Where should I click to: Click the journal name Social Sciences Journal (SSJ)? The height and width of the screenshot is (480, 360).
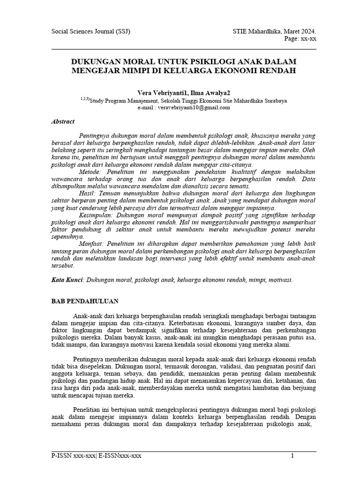(90, 32)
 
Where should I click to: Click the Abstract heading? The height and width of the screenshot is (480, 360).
(63, 121)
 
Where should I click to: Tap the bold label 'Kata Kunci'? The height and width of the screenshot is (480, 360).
(67, 280)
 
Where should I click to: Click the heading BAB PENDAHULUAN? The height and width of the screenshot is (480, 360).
(85, 301)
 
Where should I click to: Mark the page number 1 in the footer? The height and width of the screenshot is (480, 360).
(292, 456)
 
